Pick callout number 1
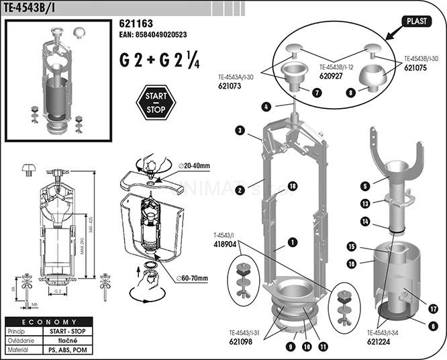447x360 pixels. click(293, 241)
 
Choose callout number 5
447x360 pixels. click(384, 185)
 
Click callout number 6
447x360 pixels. click(433, 326)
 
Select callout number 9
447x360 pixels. click(291, 347)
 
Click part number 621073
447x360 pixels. click(230, 86)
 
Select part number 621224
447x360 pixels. click(381, 341)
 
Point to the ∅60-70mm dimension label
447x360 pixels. click(193, 279)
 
